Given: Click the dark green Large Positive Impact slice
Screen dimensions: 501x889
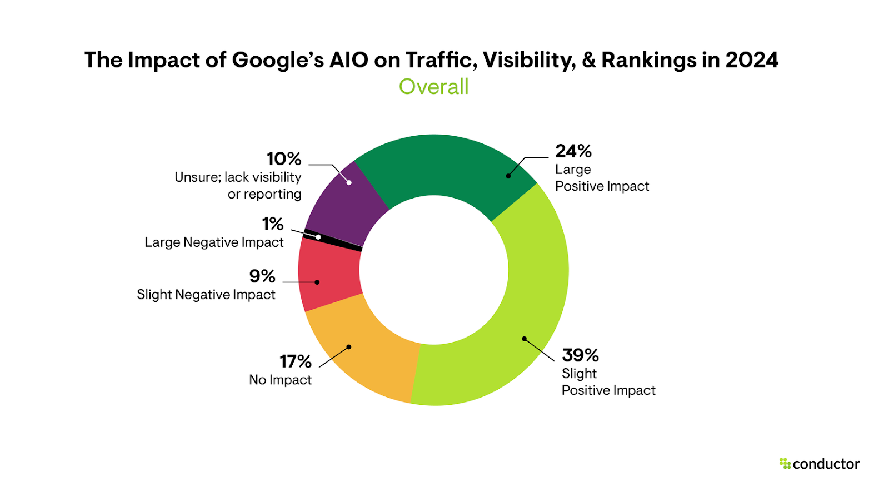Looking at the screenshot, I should (444, 167).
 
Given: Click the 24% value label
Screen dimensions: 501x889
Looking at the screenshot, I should (573, 151).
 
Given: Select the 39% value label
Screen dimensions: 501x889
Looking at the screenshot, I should (580, 355).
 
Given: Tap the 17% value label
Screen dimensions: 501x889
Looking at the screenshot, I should (295, 362).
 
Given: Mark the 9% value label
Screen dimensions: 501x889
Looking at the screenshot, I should (262, 276).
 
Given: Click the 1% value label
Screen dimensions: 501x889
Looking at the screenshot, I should (273, 224).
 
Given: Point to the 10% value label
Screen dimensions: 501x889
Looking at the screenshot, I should (284, 159).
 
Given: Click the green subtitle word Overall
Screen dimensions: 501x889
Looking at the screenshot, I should (433, 87).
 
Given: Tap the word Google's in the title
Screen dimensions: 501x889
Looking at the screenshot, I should (277, 60).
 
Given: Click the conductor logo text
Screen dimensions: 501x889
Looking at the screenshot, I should (826, 464).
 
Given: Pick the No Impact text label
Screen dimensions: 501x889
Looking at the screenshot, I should (280, 380).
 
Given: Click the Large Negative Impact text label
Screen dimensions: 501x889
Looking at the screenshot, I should (214, 242).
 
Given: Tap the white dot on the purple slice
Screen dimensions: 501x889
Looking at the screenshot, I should (349, 182).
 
